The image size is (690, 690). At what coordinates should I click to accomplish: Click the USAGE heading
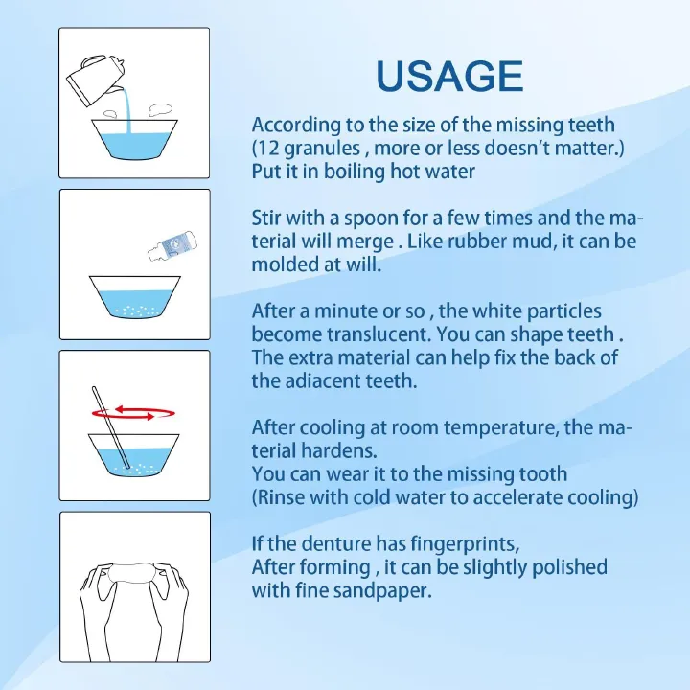pyautogui.click(x=449, y=76)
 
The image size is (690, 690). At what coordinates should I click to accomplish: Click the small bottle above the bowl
pyautogui.click(x=172, y=246)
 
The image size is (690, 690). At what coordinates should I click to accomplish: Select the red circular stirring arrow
pyautogui.click(x=133, y=414)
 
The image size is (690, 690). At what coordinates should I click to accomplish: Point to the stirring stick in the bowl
pyautogui.click(x=111, y=427)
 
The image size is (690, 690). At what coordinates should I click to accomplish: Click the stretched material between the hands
pyautogui.click(x=134, y=573)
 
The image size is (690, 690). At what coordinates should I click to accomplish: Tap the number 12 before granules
pyautogui.click(x=267, y=148)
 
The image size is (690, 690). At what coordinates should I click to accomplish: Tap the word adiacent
pyautogui.click(x=320, y=381)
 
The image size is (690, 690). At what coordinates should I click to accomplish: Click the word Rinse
pyautogui.click(x=281, y=497)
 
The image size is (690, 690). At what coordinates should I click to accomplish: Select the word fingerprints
pyautogui.click(x=465, y=544)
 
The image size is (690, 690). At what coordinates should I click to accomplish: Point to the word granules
pyautogui.click(x=322, y=149)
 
